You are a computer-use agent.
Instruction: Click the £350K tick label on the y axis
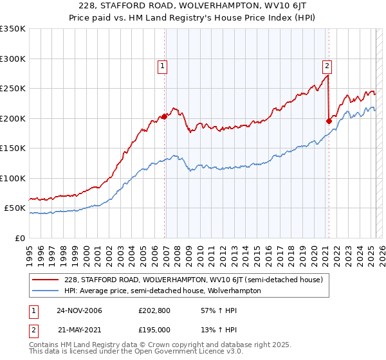[14, 29]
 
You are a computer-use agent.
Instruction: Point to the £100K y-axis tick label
[14, 178]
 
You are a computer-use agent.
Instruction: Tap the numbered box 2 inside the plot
[327, 65]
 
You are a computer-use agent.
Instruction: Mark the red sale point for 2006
[165, 116]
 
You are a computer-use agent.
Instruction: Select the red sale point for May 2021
[329, 121]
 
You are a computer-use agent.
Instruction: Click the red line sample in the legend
[46, 280]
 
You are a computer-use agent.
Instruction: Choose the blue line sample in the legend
[46, 291]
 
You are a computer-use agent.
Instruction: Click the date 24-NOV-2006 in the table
[79, 310]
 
